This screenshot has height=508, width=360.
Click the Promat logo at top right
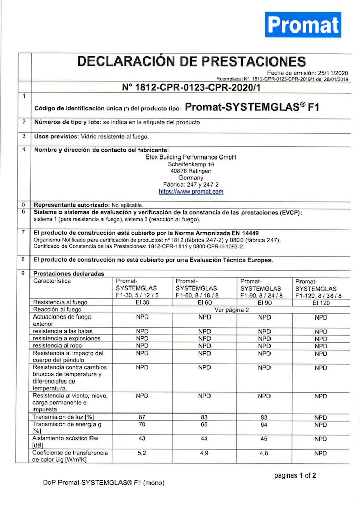(x=303, y=24)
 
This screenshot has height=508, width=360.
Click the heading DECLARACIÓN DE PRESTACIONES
(x=191, y=61)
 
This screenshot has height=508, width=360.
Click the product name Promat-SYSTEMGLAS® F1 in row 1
(x=251, y=107)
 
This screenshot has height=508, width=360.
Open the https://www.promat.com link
(x=191, y=192)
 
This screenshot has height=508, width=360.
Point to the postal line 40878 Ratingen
(x=191, y=171)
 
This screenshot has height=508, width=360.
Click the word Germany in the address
(x=191, y=178)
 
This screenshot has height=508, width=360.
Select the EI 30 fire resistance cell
(x=142, y=302)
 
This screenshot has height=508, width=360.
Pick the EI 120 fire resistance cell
(x=321, y=302)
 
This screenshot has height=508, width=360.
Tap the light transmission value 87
(x=142, y=417)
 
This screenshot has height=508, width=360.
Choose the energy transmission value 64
(x=264, y=424)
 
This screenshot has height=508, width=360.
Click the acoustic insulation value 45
(x=264, y=438)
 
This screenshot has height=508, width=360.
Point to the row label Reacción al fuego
(x=57, y=309)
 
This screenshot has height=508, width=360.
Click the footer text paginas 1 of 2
(x=295, y=475)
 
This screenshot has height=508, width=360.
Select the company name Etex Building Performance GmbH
(x=191, y=157)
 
